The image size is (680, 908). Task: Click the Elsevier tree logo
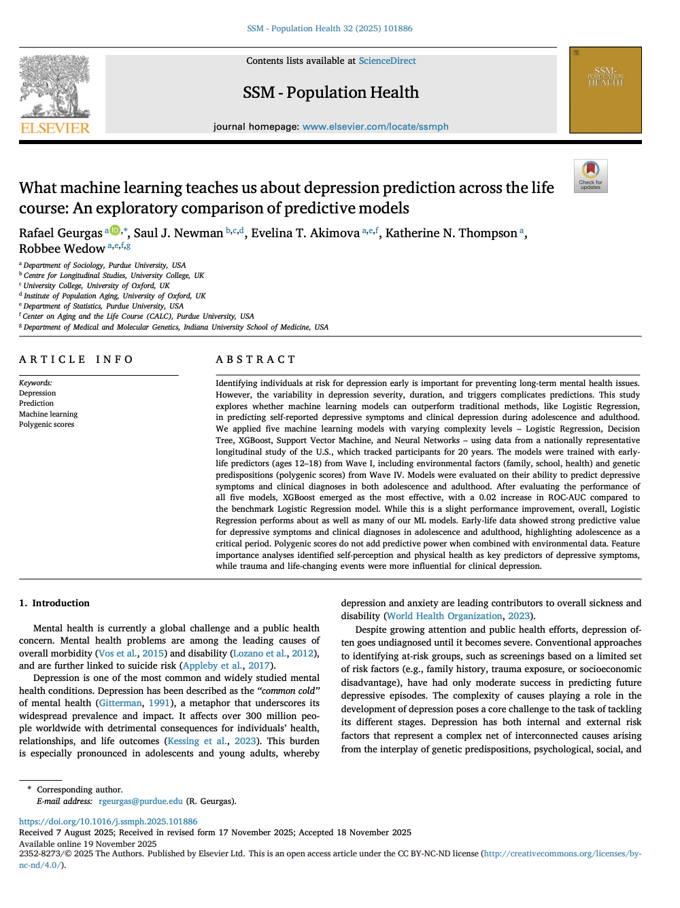(54, 86)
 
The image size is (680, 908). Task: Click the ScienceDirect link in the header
(387, 60)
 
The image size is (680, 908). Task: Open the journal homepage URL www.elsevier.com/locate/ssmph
(375, 126)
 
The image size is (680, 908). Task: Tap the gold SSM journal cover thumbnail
(605, 90)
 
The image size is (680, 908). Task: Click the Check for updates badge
(590, 176)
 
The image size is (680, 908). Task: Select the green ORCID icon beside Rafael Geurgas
(115, 230)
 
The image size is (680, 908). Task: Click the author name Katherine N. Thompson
(451, 233)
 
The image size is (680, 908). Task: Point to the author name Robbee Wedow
(62, 249)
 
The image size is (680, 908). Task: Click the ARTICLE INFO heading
(76, 360)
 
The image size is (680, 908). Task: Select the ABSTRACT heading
(256, 360)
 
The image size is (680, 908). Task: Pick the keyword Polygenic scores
(46, 424)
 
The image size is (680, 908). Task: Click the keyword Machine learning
(48, 414)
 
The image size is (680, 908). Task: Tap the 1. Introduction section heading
(54, 603)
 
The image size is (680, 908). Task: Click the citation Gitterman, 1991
(135, 703)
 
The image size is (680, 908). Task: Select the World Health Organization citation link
(445, 616)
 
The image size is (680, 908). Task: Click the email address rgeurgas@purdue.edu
(141, 801)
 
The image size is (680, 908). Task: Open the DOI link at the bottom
(108, 822)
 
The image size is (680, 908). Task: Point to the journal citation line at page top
(330, 29)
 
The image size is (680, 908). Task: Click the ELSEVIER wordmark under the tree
(55, 128)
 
